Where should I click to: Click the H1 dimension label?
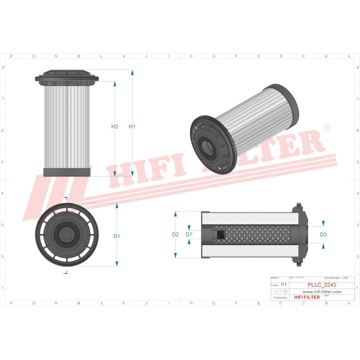point(132,126)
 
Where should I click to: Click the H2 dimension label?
point(114,126)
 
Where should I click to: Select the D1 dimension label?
point(116,236)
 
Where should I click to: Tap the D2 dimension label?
point(175,234)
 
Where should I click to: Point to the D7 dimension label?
point(189,234)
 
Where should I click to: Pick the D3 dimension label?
point(323,234)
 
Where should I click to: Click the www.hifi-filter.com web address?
point(322,291)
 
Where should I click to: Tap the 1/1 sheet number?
point(283,284)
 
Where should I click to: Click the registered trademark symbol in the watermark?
point(327,128)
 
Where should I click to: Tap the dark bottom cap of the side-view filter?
point(67,172)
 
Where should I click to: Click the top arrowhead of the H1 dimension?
point(132,73)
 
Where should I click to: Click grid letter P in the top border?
point(11,56)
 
